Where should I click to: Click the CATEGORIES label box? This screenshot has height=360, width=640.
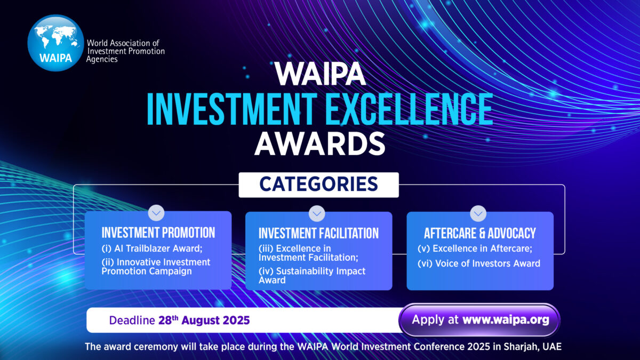pos(318,185)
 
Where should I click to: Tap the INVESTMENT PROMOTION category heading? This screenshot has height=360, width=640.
pos(158,233)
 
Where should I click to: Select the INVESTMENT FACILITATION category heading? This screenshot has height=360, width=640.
pos(318,234)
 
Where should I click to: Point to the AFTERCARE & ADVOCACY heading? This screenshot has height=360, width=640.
pos(479,234)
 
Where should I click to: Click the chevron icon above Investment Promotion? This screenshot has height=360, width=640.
pos(156,213)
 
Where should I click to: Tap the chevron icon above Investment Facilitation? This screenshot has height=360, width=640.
pos(317,213)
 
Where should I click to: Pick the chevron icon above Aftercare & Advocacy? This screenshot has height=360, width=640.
pos(478,213)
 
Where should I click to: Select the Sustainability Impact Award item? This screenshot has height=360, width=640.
pos(311,275)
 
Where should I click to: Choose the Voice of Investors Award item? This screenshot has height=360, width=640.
pos(479,263)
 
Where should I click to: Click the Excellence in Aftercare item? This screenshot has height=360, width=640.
pos(475,249)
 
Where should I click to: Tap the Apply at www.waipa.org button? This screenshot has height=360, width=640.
pos(479,320)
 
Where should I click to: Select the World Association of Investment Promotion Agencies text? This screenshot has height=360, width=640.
pos(125,51)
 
